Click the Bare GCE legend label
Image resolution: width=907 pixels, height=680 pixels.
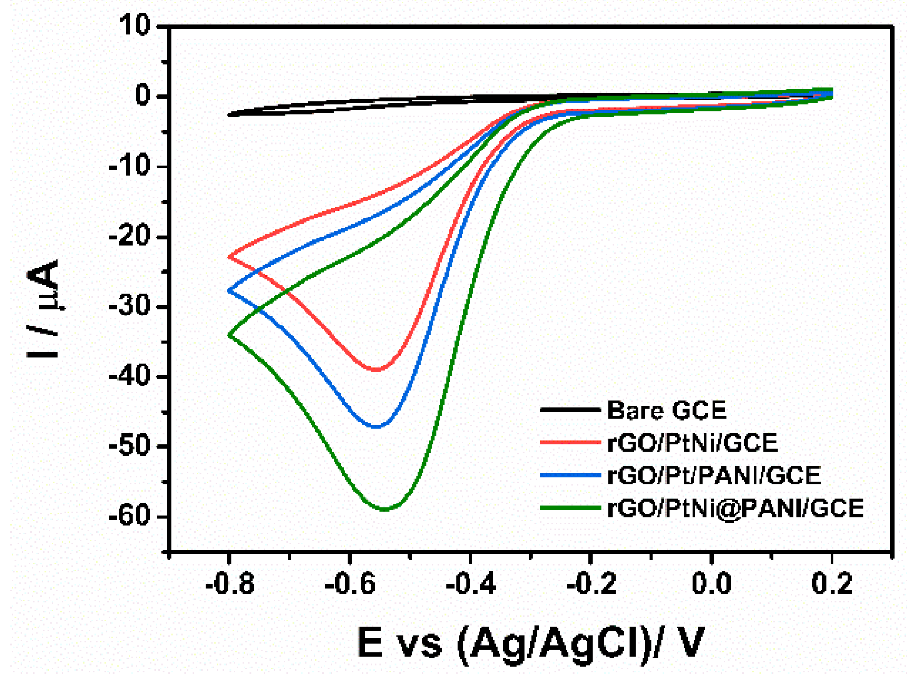coord(666,411)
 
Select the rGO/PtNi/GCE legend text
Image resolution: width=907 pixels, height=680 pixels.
coord(693,443)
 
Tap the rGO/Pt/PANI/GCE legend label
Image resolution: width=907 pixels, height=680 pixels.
coord(714,476)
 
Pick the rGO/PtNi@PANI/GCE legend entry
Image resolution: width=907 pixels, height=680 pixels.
coord(735,508)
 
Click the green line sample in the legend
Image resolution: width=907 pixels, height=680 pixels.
coord(570,508)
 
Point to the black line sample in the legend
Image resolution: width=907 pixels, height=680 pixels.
coord(570,410)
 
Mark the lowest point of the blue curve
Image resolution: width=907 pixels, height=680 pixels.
coord(376,427)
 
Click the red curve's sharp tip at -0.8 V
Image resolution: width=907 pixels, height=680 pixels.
coord(229,257)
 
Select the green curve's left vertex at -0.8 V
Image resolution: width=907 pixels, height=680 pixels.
coord(229,335)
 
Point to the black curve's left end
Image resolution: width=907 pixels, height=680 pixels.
coord(229,115)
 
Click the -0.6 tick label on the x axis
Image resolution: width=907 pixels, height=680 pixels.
coord(349,584)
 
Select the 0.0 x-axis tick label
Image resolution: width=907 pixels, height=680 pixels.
coord(711,584)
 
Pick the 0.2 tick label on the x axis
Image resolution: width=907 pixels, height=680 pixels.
coord(832,584)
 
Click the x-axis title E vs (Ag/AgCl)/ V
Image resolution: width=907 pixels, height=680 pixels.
coord(530,642)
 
